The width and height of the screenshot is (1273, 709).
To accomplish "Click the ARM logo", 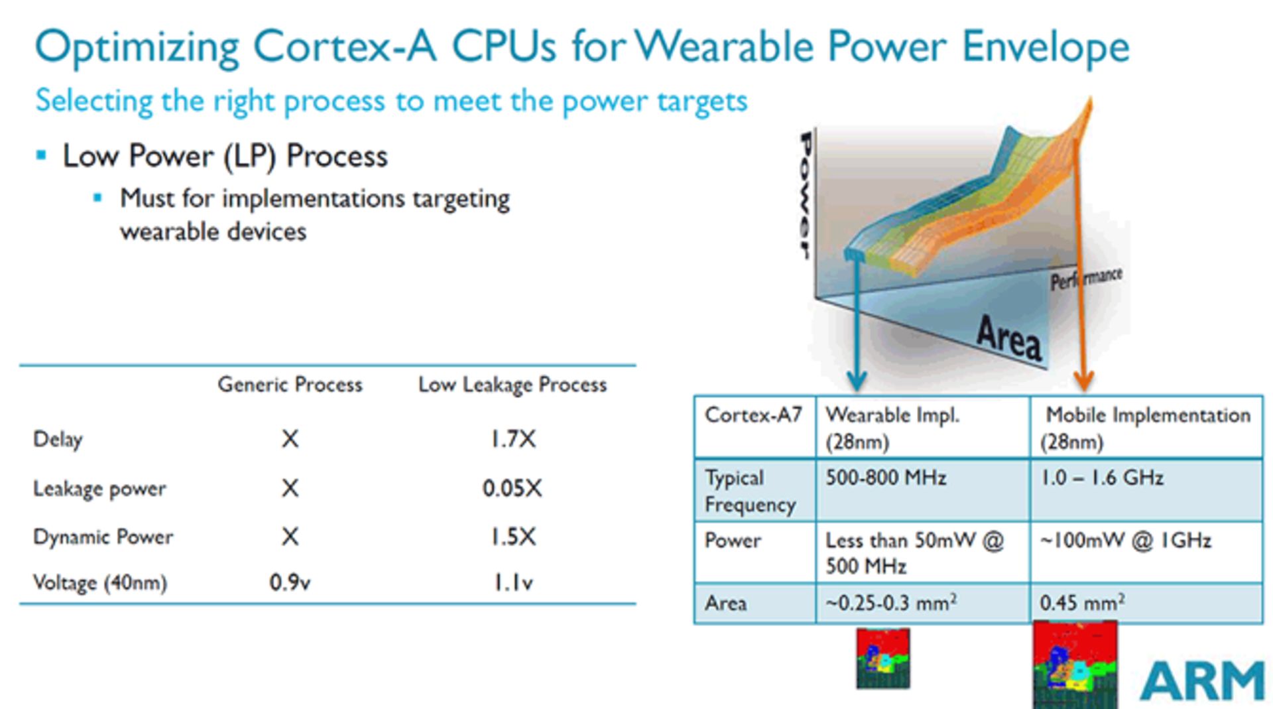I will [1201, 681].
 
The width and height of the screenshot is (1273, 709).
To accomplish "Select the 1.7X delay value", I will [513, 439].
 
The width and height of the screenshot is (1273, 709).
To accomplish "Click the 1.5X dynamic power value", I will [513, 537].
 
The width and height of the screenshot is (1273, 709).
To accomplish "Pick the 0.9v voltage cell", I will [289, 582].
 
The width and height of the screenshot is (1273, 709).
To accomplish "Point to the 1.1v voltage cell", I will [513, 582].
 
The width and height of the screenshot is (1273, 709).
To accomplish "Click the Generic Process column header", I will [290, 385].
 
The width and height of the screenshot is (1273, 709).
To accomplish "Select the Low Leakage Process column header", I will [512, 385].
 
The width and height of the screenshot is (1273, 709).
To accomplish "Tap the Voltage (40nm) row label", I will [99, 582].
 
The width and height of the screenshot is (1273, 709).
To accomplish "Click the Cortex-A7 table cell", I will [753, 415].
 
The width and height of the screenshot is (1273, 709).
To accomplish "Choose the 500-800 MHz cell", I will [885, 478].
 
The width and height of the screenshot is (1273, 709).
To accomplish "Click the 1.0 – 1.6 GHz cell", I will [1102, 478].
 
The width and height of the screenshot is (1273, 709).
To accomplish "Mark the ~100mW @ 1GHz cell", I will [1125, 541].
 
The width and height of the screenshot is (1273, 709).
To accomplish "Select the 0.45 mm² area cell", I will [1081, 603].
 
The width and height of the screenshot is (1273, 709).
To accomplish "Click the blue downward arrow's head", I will [857, 381].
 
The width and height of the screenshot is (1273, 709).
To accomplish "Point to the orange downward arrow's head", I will [1083, 381].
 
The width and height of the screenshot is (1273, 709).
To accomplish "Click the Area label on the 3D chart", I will [1008, 338].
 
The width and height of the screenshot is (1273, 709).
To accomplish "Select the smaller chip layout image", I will [882, 659].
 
